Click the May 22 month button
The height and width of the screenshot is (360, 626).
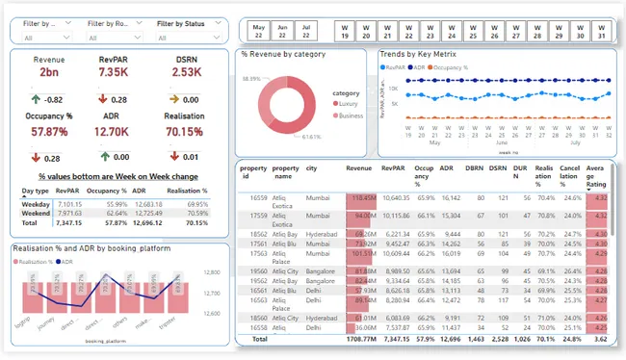258,30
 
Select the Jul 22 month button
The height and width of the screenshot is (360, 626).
305,30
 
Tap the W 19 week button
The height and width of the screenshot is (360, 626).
344,30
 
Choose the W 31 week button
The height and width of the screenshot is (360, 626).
599,30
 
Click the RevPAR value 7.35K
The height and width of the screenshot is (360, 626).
113,73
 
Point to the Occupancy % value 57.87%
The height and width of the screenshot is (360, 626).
48,131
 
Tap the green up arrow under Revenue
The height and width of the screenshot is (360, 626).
35,99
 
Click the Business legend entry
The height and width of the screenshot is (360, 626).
350,116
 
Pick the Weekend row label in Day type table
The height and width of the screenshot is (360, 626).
37,213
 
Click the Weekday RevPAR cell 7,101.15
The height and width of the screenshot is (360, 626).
71,204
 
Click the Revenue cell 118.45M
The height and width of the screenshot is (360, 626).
363,197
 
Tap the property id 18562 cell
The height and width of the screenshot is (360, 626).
254,234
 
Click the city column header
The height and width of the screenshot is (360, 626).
310,167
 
